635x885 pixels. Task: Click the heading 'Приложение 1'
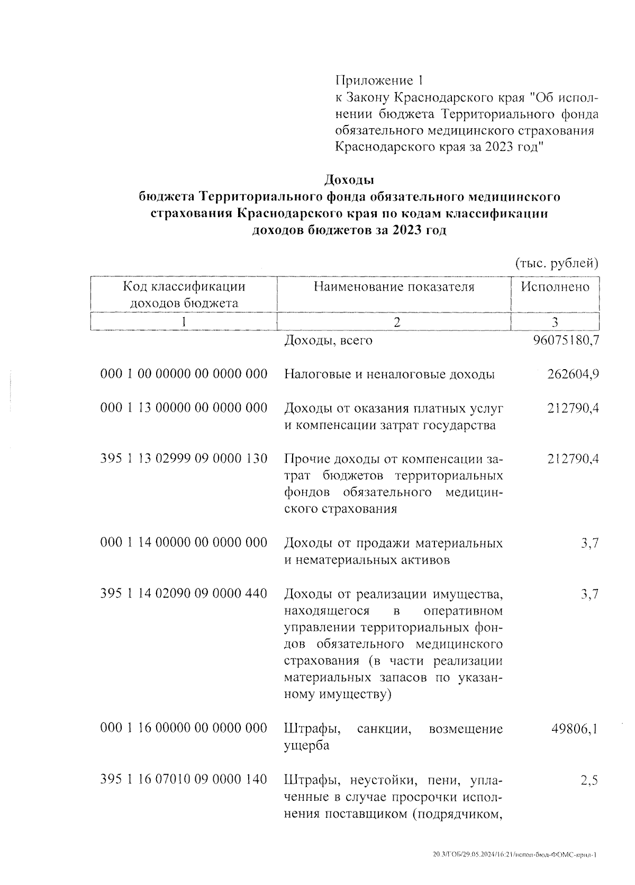(379, 81)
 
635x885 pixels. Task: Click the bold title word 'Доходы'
(349, 180)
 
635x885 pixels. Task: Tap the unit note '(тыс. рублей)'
(557, 263)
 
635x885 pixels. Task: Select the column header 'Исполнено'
(555, 287)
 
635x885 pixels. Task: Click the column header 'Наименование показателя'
(394, 287)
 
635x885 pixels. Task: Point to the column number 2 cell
(394, 321)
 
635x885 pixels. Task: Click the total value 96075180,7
(565, 340)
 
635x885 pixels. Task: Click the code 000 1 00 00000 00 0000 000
(184, 374)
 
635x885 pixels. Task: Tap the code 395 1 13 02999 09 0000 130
(184, 459)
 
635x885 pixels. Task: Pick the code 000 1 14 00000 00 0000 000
(184, 543)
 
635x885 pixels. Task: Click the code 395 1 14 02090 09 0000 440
(184, 594)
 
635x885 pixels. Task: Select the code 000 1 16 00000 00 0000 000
(184, 729)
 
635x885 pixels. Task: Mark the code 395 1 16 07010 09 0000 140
(184, 780)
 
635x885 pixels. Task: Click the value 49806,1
(575, 729)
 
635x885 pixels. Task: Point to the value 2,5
(589, 780)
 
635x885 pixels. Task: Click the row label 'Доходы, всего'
(328, 340)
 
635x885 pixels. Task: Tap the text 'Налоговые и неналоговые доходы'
(389, 374)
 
